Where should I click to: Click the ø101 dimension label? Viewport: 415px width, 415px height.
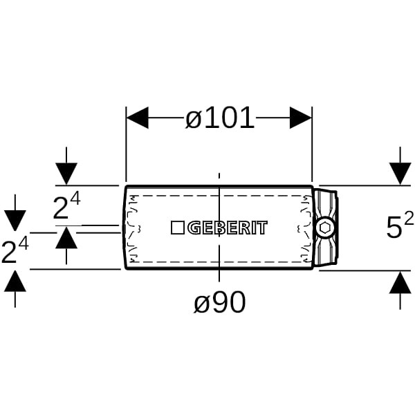click(x=220, y=118)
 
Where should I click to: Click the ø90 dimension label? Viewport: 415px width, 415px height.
click(x=220, y=302)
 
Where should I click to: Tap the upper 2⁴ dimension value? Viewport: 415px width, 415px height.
click(x=66, y=206)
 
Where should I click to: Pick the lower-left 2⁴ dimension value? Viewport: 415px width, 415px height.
click(x=15, y=250)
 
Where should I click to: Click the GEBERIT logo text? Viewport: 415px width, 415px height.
click(x=228, y=228)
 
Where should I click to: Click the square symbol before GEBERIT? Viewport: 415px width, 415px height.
click(x=177, y=228)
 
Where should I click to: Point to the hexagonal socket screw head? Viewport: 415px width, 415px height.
click(x=324, y=228)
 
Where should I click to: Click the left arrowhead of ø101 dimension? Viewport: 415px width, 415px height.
click(x=138, y=118)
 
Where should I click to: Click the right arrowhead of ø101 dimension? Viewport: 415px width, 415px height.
click(x=300, y=118)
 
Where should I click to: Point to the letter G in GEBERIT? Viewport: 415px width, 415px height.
click(x=194, y=228)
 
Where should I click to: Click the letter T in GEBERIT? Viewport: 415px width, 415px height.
click(x=262, y=228)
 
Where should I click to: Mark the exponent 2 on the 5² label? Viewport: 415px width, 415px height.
click(x=409, y=219)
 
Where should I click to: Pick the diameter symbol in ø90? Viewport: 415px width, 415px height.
click(x=201, y=304)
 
